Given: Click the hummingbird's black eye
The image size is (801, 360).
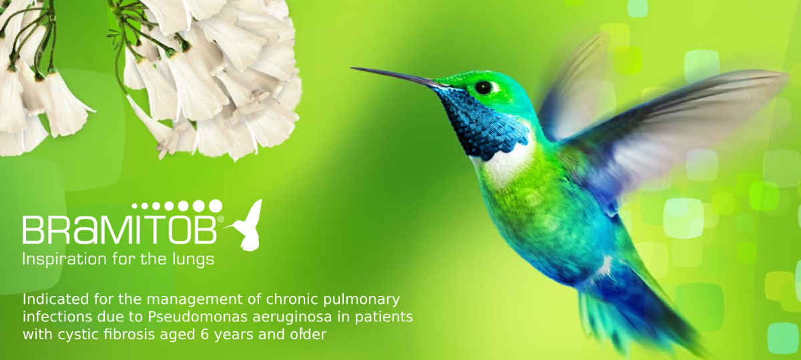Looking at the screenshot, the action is pos(483,87).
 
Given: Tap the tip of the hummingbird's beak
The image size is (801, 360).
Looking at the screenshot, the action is pos(352,67).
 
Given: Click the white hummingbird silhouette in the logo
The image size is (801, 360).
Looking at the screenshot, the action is pos(248,226).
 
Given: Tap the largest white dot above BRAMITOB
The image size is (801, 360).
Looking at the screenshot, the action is pos(215,206).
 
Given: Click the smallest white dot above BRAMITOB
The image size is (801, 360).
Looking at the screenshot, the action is pos(135,206).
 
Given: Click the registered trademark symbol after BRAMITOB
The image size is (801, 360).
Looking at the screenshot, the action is pos(220,218).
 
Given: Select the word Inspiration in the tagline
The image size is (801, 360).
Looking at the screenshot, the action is pos(64,259).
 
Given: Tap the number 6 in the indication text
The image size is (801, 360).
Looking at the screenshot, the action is pos(204,335).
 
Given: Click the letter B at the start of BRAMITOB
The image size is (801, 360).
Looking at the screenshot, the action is pos(33,230).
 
